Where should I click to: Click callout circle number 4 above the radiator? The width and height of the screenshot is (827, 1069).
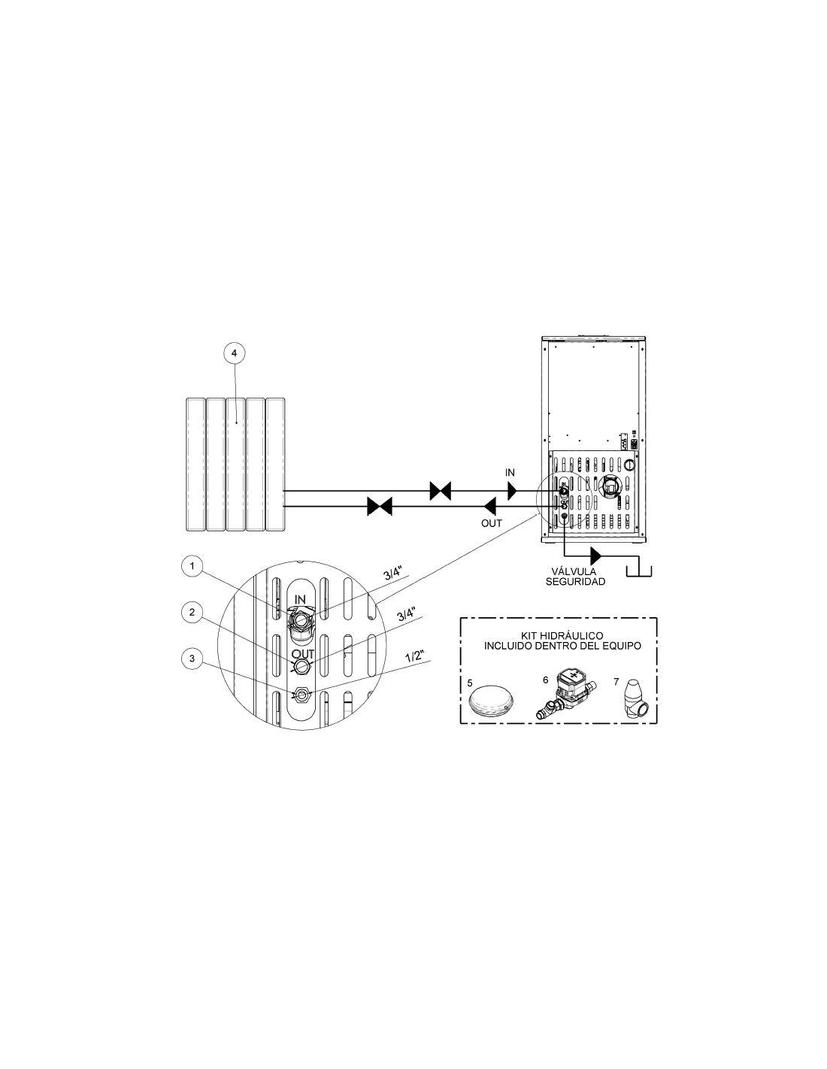(x=234, y=353)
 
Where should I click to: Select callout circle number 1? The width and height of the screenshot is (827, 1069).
(x=192, y=566)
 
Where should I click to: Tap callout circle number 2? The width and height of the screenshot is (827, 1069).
(x=192, y=613)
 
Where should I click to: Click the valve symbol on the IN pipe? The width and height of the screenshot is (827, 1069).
(x=441, y=490)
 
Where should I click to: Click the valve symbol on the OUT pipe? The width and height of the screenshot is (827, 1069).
(x=380, y=506)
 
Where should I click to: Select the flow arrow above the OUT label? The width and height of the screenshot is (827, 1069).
(x=490, y=506)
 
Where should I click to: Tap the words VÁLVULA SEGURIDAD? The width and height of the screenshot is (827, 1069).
(x=575, y=577)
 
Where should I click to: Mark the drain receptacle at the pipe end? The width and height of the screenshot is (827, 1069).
(x=638, y=571)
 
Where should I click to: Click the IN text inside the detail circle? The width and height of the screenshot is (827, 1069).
(x=300, y=599)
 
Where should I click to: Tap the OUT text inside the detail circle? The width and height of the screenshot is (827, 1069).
(x=302, y=654)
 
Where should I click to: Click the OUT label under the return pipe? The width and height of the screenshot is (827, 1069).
(x=492, y=523)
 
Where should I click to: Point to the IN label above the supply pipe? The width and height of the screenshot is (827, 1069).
(x=510, y=472)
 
